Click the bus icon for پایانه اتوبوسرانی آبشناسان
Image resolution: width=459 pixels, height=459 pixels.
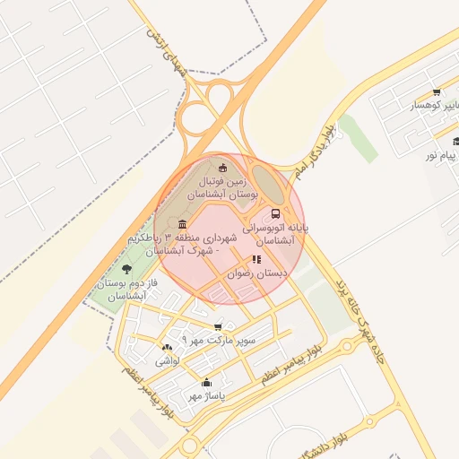point(275,213)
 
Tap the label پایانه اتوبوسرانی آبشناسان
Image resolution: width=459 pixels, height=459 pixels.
point(277,235)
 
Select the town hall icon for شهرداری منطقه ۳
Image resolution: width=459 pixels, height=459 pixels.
point(183,223)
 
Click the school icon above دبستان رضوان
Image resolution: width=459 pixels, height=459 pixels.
point(257,259)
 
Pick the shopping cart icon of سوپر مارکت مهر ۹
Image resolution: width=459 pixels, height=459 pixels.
point(218,327)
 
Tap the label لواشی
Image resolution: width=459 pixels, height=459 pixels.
point(168,361)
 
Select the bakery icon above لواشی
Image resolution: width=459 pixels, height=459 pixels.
point(166,348)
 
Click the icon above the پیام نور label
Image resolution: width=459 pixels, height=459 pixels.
point(456,141)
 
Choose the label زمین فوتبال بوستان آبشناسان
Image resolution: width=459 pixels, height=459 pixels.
point(222,186)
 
